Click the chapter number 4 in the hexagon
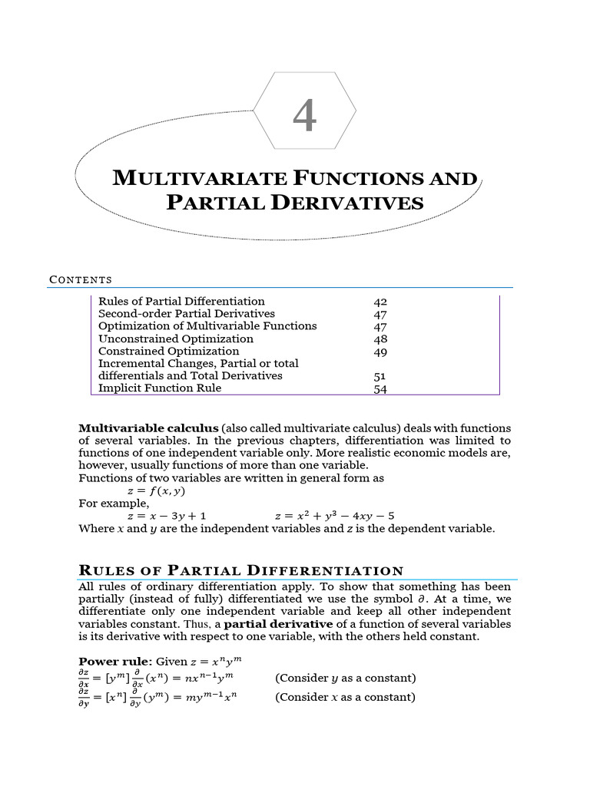(x=305, y=117)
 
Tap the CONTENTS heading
(x=81, y=279)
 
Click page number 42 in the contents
(x=380, y=302)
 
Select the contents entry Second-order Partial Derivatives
(x=187, y=314)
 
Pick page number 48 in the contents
(x=380, y=339)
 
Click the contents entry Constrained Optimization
(x=169, y=352)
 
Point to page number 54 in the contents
(x=380, y=389)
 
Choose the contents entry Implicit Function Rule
(x=160, y=388)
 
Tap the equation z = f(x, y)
(x=156, y=490)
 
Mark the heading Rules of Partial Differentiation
(x=241, y=570)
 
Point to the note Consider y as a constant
(x=345, y=678)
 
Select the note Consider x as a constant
(x=345, y=697)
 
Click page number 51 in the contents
(x=380, y=376)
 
